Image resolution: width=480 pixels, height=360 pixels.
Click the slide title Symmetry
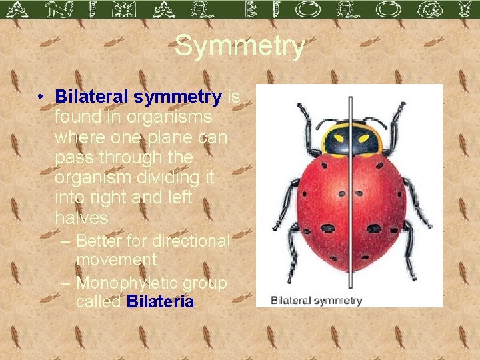240,47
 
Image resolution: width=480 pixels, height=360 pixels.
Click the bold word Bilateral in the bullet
93,97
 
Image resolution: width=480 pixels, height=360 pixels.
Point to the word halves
83,217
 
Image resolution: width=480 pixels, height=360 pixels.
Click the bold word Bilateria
160,301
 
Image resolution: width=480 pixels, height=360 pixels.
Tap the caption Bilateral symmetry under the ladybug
316,301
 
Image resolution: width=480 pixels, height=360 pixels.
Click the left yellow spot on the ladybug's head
337,139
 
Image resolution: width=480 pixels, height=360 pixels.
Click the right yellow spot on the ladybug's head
363,139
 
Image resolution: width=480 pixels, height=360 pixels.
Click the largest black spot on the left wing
327,228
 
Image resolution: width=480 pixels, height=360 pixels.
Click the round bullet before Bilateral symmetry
41,98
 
